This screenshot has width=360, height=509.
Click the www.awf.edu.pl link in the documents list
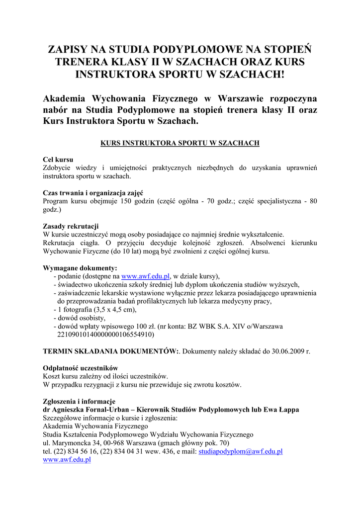pyautogui.click(x=146, y=276)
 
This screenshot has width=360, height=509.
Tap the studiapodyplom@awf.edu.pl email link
pyautogui.click(x=240, y=451)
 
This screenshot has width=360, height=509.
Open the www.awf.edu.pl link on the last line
pyautogui.click(x=67, y=460)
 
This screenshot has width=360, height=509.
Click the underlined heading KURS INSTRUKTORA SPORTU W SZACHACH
pyautogui.click(x=180, y=143)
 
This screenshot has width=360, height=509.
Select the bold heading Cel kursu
pyautogui.click(x=58, y=160)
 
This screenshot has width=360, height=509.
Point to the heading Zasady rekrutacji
pyautogui.click(x=71, y=226)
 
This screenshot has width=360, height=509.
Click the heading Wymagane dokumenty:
pyautogui.click(x=80, y=268)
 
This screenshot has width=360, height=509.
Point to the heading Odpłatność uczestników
pyautogui.click(x=81, y=368)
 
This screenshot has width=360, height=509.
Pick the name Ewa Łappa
pyautogui.click(x=281, y=410)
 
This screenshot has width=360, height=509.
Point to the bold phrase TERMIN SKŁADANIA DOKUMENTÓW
pyautogui.click(x=110, y=351)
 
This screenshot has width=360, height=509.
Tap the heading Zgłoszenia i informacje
pyautogui.click(x=79, y=401)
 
